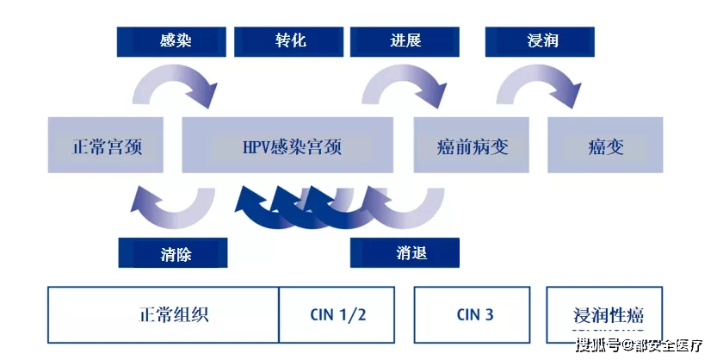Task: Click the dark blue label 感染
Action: [x=171, y=41]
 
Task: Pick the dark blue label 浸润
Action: [x=540, y=41]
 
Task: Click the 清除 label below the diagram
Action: [x=173, y=253]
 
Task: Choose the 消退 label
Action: [x=405, y=252]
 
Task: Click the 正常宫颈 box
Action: [x=107, y=146]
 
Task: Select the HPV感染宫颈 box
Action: [x=287, y=146]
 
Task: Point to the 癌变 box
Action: [x=606, y=146]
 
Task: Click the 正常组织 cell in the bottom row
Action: [x=164, y=314]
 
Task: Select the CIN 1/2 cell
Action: [x=337, y=314]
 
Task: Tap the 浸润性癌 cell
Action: [x=608, y=314]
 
